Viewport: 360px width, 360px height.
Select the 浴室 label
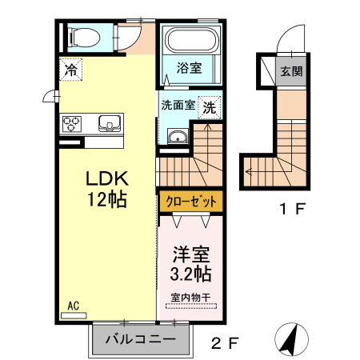click(189, 70)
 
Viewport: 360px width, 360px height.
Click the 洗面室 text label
click(178, 105)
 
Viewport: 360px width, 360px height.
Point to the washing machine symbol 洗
click(209, 106)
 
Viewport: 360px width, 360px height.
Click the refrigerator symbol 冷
click(71, 70)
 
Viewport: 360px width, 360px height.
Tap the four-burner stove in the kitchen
click(72, 123)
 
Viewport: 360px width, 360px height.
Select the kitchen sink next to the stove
click(108, 123)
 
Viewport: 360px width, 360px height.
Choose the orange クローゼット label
click(190, 201)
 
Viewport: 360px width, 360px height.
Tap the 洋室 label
click(192, 254)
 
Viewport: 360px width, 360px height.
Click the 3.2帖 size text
click(192, 274)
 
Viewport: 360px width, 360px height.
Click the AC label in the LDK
click(72, 305)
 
